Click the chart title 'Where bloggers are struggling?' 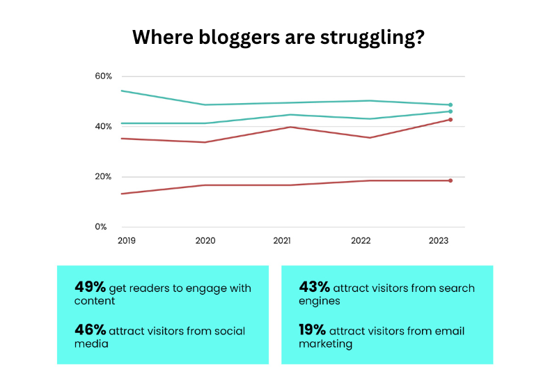click(278, 37)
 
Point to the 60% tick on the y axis click(103, 76)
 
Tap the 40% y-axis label click(103, 126)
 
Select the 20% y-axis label click(103, 176)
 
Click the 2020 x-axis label click(205, 240)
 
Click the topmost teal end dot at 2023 click(450, 105)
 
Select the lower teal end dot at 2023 click(450, 111)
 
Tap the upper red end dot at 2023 click(450, 120)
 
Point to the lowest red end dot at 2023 click(450, 180)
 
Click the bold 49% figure click(90, 287)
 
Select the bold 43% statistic click(315, 287)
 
